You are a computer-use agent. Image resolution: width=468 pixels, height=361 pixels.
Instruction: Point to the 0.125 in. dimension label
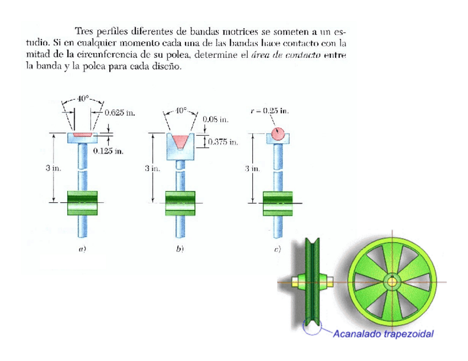click(x=108, y=150)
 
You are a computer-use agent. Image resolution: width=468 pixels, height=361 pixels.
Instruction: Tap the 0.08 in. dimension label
click(x=215, y=119)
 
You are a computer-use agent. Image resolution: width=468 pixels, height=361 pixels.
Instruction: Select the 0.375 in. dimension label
click(x=223, y=142)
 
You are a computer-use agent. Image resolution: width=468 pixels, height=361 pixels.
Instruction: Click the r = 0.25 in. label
click(x=269, y=110)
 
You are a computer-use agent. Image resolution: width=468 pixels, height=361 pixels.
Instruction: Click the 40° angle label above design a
click(x=82, y=99)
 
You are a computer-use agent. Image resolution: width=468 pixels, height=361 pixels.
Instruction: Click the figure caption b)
click(x=180, y=249)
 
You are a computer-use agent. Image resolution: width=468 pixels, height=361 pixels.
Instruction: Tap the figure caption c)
click(x=278, y=249)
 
